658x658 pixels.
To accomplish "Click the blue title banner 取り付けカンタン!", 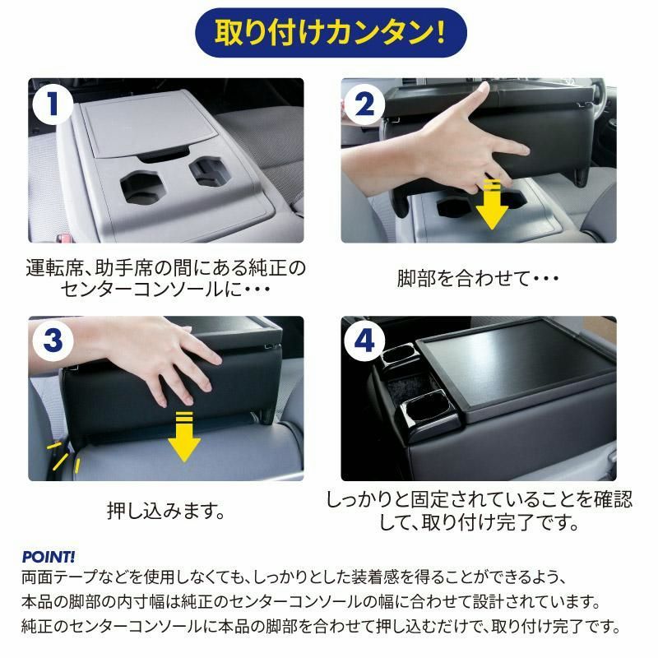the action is pos(331,33).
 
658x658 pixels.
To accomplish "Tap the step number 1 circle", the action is pos(53,104).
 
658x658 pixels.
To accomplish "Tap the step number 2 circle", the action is pos(364,104).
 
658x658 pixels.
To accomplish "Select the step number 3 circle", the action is pos(53,340).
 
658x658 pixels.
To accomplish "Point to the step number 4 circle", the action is pos(364,341).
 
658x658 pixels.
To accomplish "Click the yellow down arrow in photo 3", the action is pos(184,437).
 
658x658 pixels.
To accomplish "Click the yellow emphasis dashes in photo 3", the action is pos(63,456).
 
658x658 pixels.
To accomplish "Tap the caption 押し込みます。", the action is pos(166,511).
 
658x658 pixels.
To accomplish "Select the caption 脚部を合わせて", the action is pos(464,278).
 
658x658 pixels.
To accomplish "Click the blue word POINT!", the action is pos(49,557).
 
